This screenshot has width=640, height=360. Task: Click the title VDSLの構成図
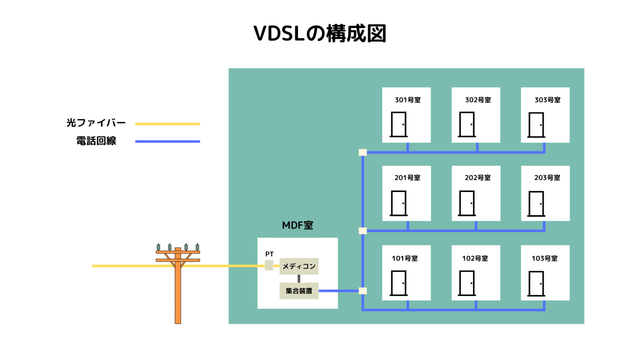320,34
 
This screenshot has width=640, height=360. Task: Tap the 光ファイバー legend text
96,123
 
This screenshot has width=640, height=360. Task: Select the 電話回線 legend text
96,141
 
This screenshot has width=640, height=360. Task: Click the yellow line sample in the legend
167,124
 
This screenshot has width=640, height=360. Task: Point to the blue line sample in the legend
167,141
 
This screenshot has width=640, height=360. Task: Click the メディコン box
299,266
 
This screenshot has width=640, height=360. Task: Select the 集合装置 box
299,291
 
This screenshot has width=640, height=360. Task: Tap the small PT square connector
269,265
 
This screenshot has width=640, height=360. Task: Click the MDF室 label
297,225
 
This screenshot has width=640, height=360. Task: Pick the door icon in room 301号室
399,125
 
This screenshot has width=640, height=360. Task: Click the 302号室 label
478,100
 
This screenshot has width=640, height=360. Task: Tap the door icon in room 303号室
536,125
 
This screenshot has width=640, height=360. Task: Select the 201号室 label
407,177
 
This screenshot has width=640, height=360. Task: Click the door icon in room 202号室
467,203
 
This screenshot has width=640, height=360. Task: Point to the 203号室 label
547,177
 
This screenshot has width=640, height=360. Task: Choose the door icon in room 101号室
399,283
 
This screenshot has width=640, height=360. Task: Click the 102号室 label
475,258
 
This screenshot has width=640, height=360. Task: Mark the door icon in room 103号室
536,284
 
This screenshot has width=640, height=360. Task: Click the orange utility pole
178,292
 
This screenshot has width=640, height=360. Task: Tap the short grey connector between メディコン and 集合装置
299,278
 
